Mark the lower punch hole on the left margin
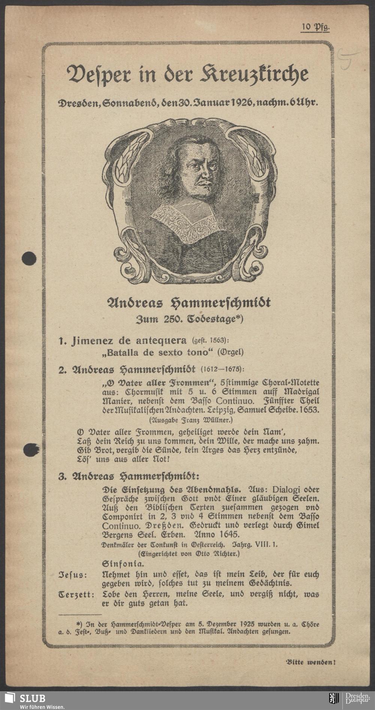[x=29, y=450]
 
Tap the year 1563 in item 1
[x=217, y=341]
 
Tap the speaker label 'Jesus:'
[x=73, y=574]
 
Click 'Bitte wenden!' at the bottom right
[x=309, y=662]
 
